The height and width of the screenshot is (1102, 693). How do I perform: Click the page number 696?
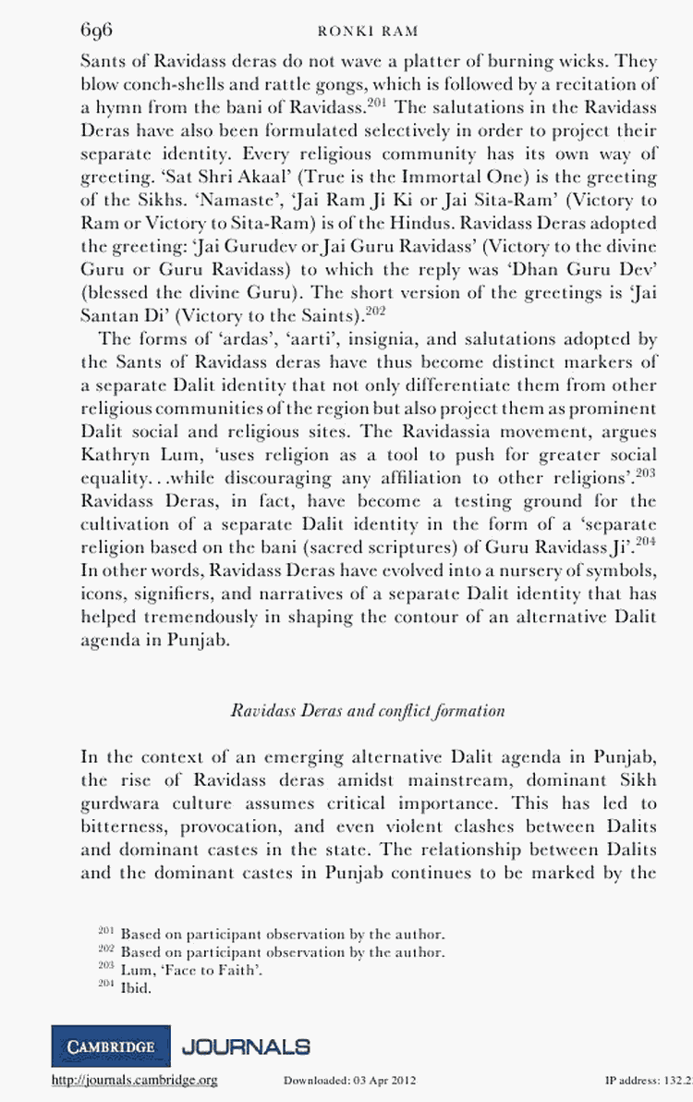[96, 31]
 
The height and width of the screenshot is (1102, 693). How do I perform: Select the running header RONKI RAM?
[368, 31]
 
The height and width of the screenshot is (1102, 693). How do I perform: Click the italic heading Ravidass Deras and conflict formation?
[367, 710]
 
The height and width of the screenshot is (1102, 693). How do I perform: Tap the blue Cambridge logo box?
[111, 1047]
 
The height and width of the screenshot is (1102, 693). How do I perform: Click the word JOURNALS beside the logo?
[246, 1047]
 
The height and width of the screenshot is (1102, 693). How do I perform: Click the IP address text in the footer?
[647, 1080]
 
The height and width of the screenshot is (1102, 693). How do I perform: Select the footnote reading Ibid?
[135, 987]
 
